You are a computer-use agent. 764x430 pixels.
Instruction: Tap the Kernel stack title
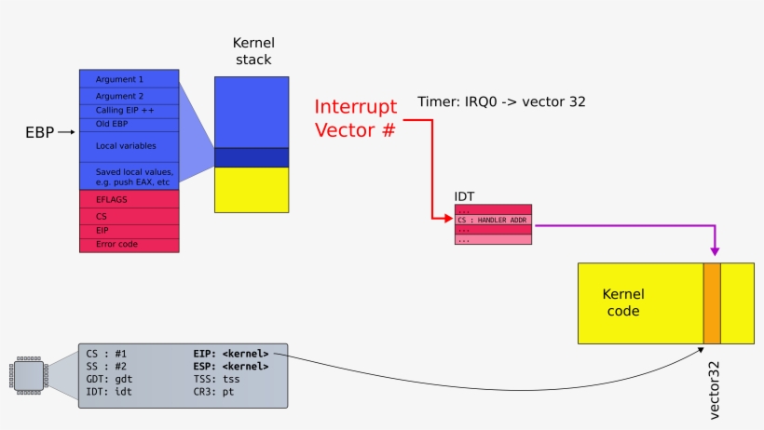coord(252,51)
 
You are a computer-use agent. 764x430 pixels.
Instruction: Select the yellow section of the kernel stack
coord(252,189)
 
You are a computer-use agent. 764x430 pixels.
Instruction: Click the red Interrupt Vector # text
coord(355,118)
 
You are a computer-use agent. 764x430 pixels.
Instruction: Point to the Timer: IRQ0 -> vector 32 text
coord(501,101)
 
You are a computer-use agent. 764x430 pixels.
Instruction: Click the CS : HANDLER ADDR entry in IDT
coord(493,219)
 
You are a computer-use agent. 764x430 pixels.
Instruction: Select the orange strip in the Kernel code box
coord(712,302)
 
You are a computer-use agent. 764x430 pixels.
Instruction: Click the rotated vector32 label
coord(715,390)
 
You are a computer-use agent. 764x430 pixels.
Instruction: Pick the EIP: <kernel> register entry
coord(231,354)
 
